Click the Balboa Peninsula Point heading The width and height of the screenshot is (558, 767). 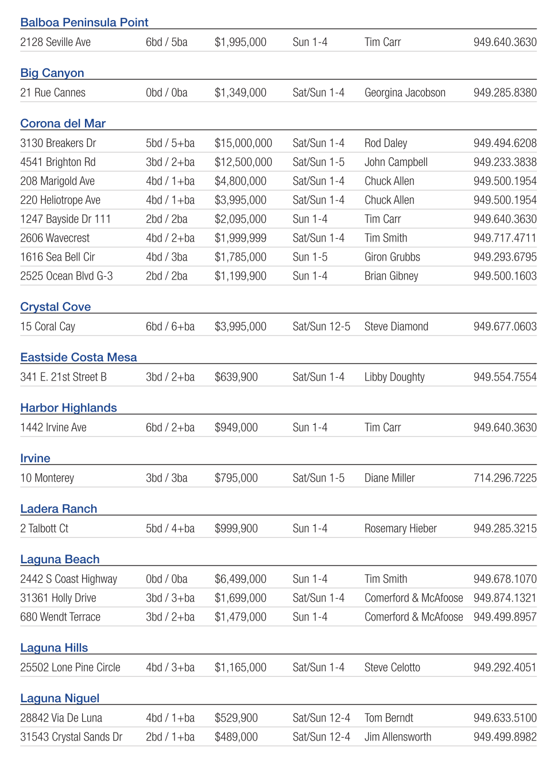(84, 22)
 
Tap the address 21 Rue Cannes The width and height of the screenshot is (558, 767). (53, 92)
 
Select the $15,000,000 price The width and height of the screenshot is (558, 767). (243, 143)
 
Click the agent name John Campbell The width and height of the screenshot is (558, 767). (396, 162)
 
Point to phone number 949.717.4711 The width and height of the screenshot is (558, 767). (505, 238)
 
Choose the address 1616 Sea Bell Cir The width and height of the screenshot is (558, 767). (57, 257)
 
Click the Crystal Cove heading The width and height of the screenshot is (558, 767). (56, 307)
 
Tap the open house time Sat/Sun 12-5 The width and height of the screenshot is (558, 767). (321, 326)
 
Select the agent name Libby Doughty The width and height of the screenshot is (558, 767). (394, 377)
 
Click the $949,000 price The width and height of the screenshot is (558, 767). (236, 427)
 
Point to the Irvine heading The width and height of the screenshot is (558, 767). (36, 458)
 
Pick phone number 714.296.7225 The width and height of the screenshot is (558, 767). (505, 478)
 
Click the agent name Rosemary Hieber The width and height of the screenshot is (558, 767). (401, 528)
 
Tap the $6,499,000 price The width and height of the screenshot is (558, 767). (241, 579)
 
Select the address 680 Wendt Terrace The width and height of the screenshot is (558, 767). (60, 617)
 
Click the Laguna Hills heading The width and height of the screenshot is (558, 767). (54, 648)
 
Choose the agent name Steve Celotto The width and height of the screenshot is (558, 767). (392, 667)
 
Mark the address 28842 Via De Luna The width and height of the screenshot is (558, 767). (61, 718)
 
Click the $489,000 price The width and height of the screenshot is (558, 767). (236, 737)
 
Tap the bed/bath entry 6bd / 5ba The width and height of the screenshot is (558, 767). (166, 42)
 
